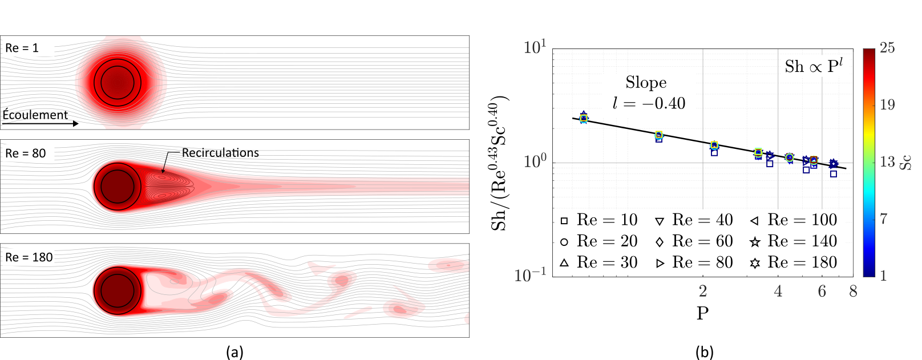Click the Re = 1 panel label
[22, 48]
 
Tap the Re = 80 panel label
[25, 153]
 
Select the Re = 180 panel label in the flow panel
[29, 257]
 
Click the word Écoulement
[35, 115]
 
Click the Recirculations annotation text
[220, 153]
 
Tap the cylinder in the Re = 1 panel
[118, 82]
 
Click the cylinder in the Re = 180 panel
[118, 290]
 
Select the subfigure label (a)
[234, 352]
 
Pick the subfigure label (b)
[705, 352]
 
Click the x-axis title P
[702, 313]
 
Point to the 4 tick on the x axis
[778, 292]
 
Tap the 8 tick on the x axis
[853, 292]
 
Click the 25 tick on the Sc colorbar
[887, 48]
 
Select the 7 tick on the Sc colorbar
[884, 219]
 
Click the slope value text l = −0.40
[649, 103]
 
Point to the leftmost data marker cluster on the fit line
[583, 118]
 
